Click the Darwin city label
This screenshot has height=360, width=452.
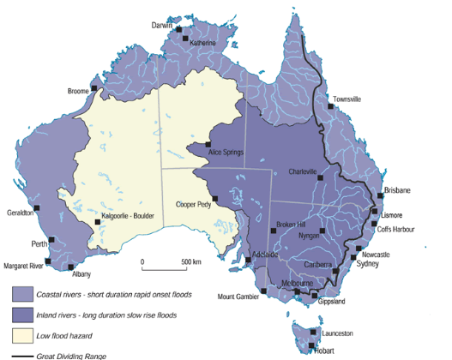162,25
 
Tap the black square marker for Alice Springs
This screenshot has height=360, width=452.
208,145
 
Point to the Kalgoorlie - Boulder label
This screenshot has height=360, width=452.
128,216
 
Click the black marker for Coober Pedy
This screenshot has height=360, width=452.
215,199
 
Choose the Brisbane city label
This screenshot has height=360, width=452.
399,189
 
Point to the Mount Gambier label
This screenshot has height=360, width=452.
236,297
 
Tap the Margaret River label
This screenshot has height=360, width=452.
23,266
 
